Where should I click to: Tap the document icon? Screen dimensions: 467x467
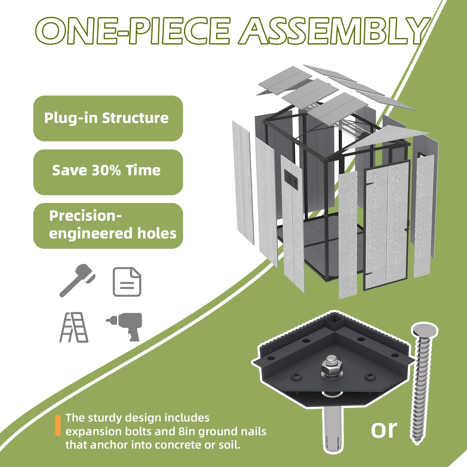click(127, 282)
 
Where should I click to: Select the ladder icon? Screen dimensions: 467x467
click(74, 327)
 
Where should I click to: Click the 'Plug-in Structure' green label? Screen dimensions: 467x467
click(108, 118)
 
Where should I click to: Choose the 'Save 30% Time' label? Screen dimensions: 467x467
click(108, 172)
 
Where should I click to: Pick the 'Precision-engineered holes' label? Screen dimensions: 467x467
click(108, 226)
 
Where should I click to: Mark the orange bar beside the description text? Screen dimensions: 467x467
click(58, 425)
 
